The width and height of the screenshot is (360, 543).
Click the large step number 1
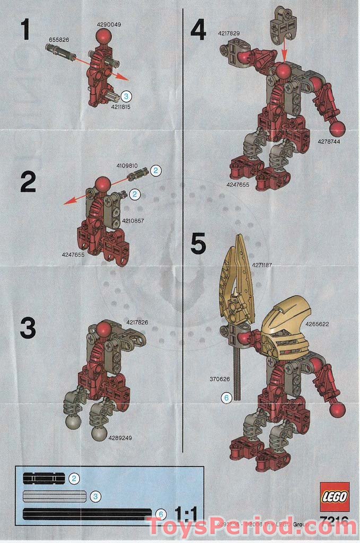pos(26,30)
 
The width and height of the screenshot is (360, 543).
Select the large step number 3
pos(28,328)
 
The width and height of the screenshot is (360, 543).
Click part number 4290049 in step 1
pos(109,24)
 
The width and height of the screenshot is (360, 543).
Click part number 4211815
pos(121,107)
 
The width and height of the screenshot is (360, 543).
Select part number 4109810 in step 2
pos(127,165)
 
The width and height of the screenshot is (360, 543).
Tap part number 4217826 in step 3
pos(137,322)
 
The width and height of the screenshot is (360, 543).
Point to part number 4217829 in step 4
pos(229,33)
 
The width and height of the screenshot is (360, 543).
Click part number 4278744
pos(329,142)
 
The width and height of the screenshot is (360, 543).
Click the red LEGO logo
pos(334,497)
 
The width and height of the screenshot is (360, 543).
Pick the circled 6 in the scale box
pos(162,514)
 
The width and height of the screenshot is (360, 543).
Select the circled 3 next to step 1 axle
pos(126,96)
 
